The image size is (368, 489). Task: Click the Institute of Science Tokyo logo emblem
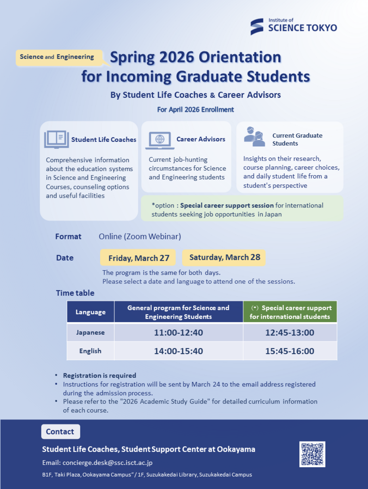[x=257, y=27]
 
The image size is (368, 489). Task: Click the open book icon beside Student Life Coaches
[x=56, y=139]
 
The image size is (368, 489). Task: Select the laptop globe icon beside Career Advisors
[x=160, y=140]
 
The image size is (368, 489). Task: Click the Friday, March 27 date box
[x=138, y=258]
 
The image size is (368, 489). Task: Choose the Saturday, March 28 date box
[x=224, y=257]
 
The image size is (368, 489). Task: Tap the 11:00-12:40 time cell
[x=178, y=333]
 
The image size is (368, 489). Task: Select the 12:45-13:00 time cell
[x=290, y=333]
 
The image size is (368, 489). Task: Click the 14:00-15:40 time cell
[x=178, y=351]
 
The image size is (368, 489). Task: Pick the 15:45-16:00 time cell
[x=290, y=351]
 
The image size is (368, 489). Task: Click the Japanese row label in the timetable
[x=90, y=333]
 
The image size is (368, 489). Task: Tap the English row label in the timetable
[x=90, y=351]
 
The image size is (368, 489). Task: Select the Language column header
[x=90, y=312]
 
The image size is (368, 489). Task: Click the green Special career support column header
[x=290, y=312]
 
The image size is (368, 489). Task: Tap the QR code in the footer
[x=312, y=454]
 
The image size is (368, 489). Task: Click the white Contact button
[x=60, y=432]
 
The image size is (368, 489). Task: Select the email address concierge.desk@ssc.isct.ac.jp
[x=108, y=463]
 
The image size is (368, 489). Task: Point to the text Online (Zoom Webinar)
[x=140, y=237]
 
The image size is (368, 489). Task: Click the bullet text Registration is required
[x=99, y=375]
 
